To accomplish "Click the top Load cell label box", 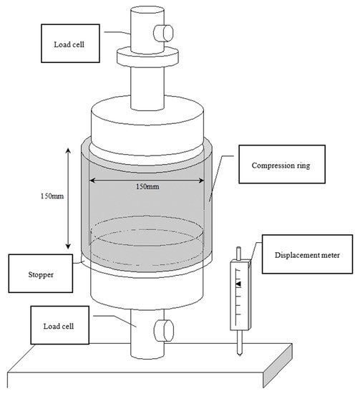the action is pyautogui.click(x=70, y=43).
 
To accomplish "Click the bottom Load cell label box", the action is pyautogui.click(x=59, y=325).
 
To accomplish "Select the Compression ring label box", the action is pyautogui.click(x=282, y=164).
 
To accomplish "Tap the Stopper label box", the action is pyautogui.click(x=41, y=274).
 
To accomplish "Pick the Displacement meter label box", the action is pyautogui.click(x=307, y=254).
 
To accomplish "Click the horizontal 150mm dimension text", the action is pyautogui.click(x=147, y=186).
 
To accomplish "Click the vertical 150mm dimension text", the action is pyautogui.click(x=52, y=196).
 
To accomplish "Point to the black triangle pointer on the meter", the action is pyautogui.click(x=238, y=284).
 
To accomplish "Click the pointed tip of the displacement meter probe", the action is pyautogui.click(x=240, y=355).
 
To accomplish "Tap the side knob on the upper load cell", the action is pyautogui.click(x=164, y=33).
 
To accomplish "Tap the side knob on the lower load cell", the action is pyautogui.click(x=164, y=330).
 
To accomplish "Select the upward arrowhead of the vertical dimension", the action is pyautogui.click(x=68, y=150).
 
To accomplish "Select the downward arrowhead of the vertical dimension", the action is pyautogui.click(x=68, y=246).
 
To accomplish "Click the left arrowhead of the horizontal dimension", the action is pyautogui.click(x=92, y=180).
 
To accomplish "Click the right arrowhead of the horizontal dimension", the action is pyautogui.click(x=201, y=180).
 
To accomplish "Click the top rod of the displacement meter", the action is pyautogui.click(x=238, y=254).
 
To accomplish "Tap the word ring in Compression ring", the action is pyautogui.click(x=304, y=165).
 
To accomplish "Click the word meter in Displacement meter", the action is pyautogui.click(x=331, y=255).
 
